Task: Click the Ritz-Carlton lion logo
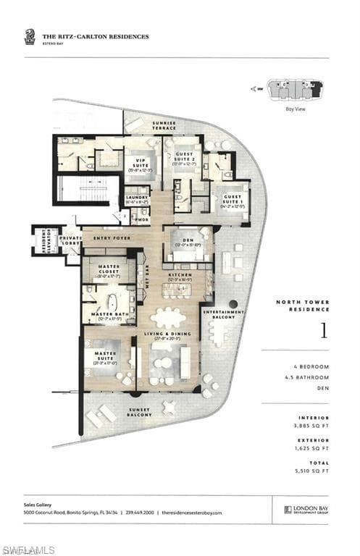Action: tap(29, 36)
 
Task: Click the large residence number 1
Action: tap(323, 331)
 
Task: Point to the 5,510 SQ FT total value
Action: tap(314, 471)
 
